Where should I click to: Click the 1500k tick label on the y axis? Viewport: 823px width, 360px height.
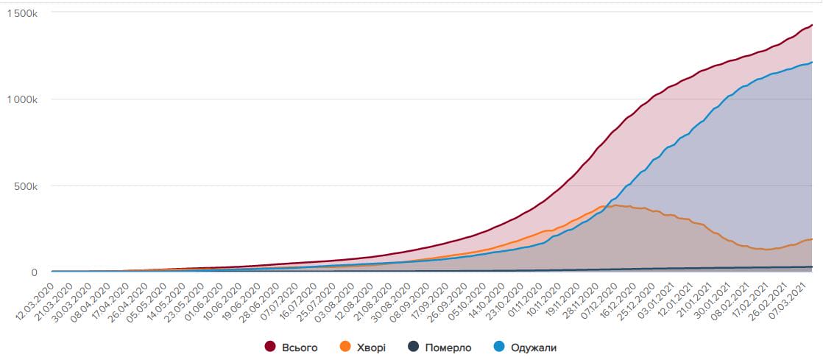coord(23,14)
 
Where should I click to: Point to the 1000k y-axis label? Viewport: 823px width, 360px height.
coord(23,99)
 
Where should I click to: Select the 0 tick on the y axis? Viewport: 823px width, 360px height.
coord(34,272)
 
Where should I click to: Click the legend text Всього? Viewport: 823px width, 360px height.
coord(300,347)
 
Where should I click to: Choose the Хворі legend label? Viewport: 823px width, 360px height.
coord(370,347)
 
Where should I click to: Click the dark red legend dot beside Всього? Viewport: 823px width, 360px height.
coord(269,347)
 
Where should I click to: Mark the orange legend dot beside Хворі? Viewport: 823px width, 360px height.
coord(345,347)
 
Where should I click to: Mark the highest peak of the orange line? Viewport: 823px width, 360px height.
coord(615,205)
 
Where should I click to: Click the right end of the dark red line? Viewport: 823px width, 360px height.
coord(811,26)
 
